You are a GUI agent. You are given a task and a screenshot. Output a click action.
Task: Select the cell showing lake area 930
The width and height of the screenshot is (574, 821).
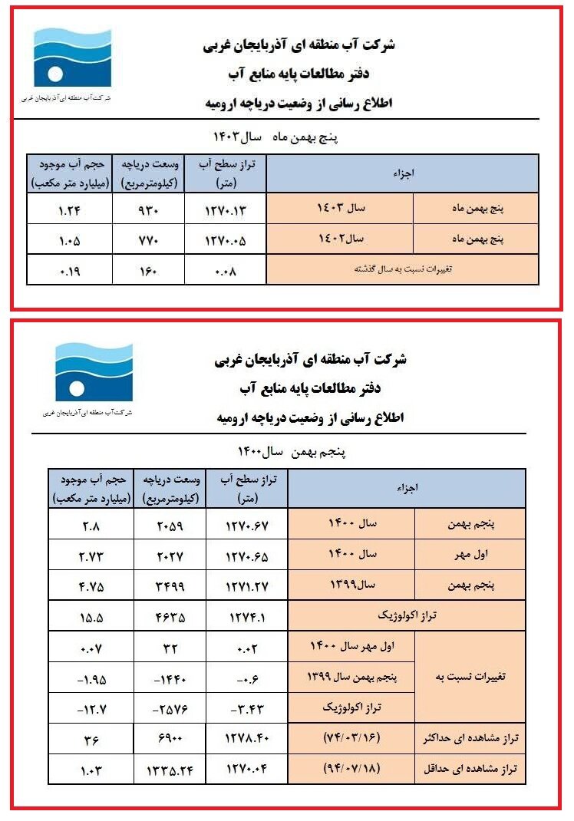(x=147, y=209)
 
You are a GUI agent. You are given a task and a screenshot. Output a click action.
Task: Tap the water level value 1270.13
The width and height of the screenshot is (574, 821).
(x=225, y=209)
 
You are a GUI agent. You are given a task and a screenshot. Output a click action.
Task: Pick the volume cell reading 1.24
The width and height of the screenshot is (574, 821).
(x=69, y=209)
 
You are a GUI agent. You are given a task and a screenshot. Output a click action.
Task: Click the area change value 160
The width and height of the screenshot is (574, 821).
(x=147, y=271)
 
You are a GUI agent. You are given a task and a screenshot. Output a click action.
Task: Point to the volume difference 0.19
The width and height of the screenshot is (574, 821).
(x=69, y=271)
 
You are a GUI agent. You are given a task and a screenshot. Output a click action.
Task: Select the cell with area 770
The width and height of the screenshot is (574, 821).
(x=147, y=239)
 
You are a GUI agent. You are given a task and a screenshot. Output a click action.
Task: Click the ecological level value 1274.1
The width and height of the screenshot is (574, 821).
(x=247, y=616)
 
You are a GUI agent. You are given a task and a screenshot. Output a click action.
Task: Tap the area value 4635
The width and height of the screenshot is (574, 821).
(x=170, y=616)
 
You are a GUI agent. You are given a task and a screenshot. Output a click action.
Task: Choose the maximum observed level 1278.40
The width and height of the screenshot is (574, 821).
(x=247, y=739)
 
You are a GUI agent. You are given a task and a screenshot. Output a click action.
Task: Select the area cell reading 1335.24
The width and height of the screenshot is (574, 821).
(x=170, y=770)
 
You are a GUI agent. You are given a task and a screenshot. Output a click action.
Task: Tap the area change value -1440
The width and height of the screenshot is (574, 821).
(x=170, y=678)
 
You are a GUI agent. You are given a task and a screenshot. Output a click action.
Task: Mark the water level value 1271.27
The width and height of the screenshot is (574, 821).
(x=247, y=585)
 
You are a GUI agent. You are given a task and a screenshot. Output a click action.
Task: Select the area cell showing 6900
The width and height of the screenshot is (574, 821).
(x=170, y=739)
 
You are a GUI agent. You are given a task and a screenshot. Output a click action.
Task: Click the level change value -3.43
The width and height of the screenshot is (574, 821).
(x=247, y=708)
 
